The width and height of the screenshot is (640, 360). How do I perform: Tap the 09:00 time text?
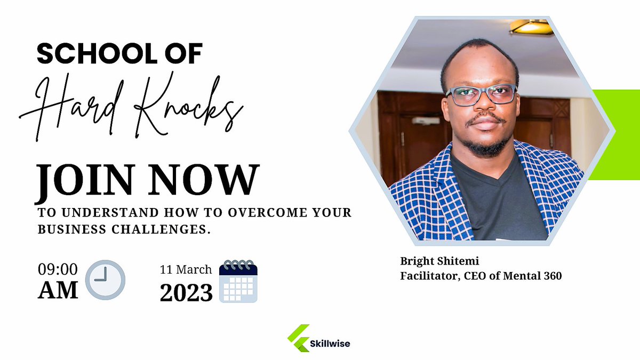(x=58, y=269)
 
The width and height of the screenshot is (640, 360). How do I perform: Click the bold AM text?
(x=58, y=290)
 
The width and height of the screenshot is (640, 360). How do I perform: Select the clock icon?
(x=105, y=279)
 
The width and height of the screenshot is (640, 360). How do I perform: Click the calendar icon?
(x=239, y=281)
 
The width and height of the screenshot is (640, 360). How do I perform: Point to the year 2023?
(x=186, y=292)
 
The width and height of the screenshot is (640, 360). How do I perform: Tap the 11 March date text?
(x=186, y=269)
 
